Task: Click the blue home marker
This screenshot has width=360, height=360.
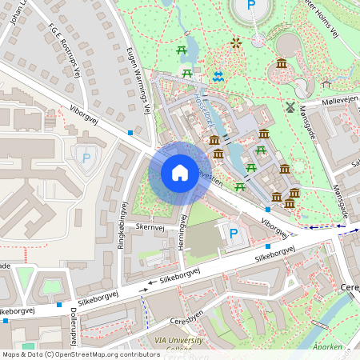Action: (180, 173)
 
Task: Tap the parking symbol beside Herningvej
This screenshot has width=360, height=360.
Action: (234, 234)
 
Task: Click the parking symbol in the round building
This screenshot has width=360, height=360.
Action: (251, 6)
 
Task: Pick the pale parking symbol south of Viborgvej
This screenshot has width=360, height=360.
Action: (86, 157)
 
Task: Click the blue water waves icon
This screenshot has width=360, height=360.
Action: (218, 76)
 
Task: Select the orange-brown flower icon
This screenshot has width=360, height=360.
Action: (235, 42)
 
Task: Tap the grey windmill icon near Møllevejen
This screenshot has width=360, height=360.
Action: (290, 106)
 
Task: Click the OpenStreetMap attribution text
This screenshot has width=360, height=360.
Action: (80, 354)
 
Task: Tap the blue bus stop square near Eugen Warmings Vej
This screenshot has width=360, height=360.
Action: (130, 132)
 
